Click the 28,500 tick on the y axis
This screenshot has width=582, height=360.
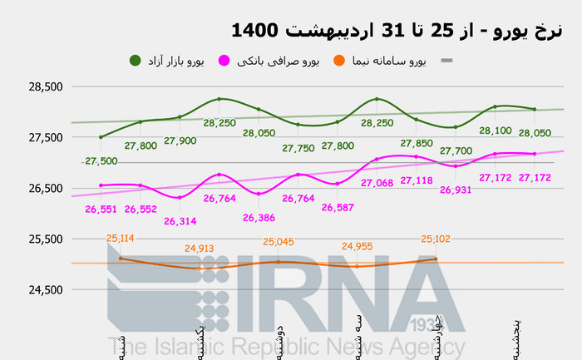click(45, 86)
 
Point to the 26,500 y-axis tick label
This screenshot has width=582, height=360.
click(45, 188)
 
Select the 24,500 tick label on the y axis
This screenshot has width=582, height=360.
click(45, 289)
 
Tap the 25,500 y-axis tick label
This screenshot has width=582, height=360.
click(45, 239)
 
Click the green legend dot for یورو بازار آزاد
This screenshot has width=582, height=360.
click(135, 60)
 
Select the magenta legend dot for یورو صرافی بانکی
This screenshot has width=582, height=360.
click(224, 61)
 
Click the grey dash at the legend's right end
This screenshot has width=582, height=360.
click(446, 61)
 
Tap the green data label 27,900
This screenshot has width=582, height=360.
click(180, 141)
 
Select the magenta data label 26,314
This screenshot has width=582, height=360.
click(180, 221)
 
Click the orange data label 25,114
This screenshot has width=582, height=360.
click(121, 238)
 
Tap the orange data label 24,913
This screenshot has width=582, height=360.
click(200, 247)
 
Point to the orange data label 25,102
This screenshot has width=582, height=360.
click(436, 239)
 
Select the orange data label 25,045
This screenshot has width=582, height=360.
click(279, 242)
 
